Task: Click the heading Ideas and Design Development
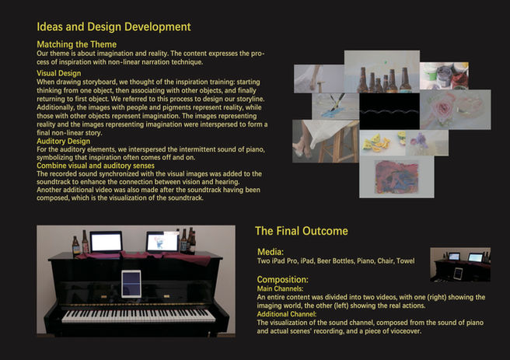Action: pos(114,26)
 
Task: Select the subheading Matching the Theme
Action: pos(77,44)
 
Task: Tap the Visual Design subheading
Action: pos(59,73)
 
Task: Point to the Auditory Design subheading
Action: pos(64,142)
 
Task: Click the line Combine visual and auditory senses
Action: pos(96,166)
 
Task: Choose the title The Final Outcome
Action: pos(302,231)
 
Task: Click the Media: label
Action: pos(271,252)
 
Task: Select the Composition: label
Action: pos(283,280)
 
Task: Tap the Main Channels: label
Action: pos(280,288)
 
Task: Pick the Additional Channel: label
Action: pos(287,314)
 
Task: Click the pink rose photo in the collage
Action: pos(456,110)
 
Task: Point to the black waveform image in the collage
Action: pos(389,111)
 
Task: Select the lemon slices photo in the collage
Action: pos(382,143)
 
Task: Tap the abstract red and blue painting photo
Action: pos(396,177)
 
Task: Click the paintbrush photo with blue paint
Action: pos(335,107)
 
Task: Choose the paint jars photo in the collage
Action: pos(444,75)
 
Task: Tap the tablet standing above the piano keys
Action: pos(131,284)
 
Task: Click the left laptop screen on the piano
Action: pos(106,243)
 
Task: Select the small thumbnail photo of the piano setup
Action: pos(460,264)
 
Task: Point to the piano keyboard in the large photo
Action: pos(138,316)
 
